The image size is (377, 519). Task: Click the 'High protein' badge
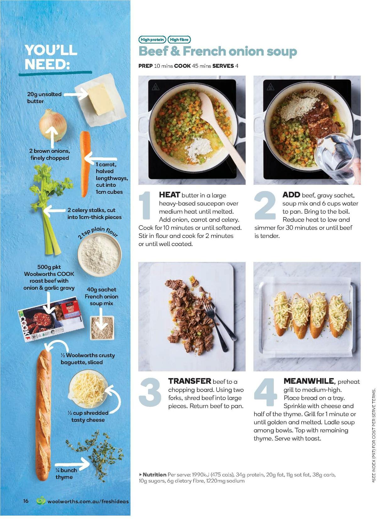(152, 40)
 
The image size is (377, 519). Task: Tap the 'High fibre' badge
(179, 40)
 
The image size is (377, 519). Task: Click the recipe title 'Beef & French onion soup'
(217, 51)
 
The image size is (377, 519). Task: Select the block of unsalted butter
(100, 99)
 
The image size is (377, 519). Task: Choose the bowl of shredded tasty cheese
(88, 389)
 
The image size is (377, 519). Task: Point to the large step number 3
(150, 392)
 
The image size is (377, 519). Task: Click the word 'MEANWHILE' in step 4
(309, 381)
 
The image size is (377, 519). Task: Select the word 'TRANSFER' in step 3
(189, 381)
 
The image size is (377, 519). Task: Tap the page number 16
(26, 501)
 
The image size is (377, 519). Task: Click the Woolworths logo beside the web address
(41, 501)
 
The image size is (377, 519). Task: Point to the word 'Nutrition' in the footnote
(154, 475)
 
